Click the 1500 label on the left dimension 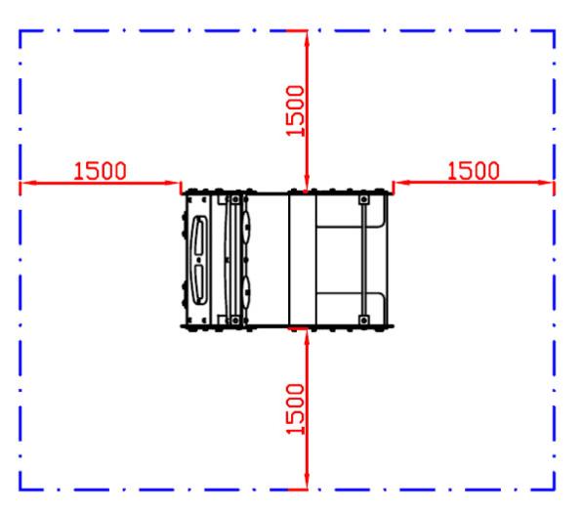tap(101, 171)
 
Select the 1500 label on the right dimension tap(474, 171)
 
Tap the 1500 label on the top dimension tap(295, 110)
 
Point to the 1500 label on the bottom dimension tap(295, 409)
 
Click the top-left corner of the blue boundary tap(21, 31)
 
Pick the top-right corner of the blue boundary tap(555, 31)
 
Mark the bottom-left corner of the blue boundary tap(21, 490)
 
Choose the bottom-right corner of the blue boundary tap(555, 490)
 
